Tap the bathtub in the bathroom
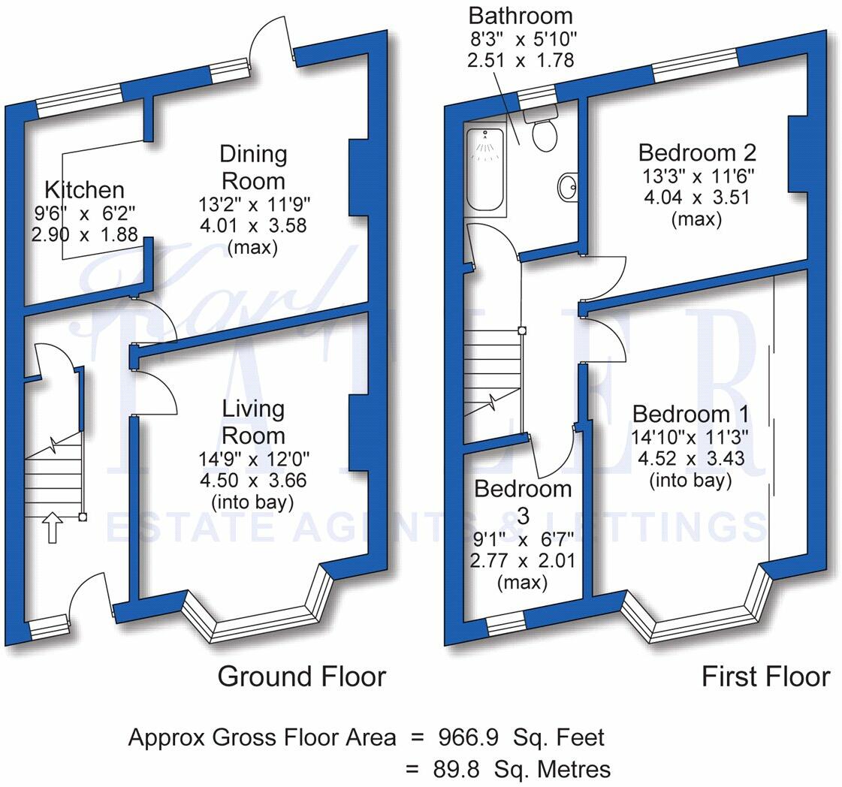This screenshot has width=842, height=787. pos(486,170)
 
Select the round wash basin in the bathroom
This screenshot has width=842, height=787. pos(567,185)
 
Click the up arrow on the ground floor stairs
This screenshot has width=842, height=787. pos(53,527)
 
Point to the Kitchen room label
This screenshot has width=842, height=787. pos(84,189)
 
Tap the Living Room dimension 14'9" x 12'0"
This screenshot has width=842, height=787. pos(254,458)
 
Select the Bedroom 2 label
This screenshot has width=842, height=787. pos(697,152)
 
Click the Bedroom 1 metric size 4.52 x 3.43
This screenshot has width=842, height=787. pos(690,458)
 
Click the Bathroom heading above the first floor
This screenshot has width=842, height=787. pos(520,15)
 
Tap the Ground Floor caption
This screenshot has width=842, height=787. pos(301,677)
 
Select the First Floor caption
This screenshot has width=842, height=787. pos(765,677)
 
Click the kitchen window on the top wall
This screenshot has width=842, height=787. pos(79,101)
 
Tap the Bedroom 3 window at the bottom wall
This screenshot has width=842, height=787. pos(505,623)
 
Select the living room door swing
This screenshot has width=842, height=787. pos(160,390)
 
